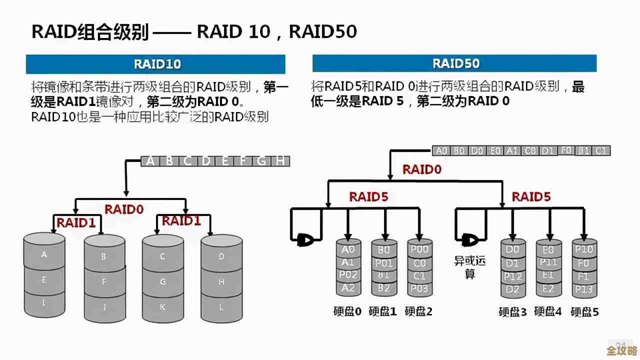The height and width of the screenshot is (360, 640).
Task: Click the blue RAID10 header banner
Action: pyautogui.click(x=156, y=64)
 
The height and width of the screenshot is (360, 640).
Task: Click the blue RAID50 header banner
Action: pyautogui.click(x=454, y=63)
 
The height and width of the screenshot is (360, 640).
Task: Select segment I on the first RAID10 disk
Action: pyautogui.click(x=44, y=302)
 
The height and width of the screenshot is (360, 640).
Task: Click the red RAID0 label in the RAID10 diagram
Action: pyautogui.click(x=124, y=209)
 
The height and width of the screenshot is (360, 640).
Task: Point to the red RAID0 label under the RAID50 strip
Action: pyautogui.click(x=422, y=169)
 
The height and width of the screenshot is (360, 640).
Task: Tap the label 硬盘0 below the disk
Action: pyautogui.click(x=347, y=311)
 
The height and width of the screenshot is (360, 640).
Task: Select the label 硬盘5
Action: pyautogui.click(x=584, y=312)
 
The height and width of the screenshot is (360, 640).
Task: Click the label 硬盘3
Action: pyautogui.click(x=512, y=312)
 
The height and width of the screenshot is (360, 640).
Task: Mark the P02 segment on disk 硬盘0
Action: pyautogui.click(x=348, y=275)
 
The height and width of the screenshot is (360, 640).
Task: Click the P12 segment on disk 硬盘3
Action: pyautogui.click(x=512, y=276)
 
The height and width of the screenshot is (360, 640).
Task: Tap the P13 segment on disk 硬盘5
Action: pyautogui.click(x=583, y=288)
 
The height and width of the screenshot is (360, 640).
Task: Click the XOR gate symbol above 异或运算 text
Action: pyautogui.click(x=469, y=241)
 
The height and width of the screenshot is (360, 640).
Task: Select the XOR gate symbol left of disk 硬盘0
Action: pyautogui.click(x=303, y=240)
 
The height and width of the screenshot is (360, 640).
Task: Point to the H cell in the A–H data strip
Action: pyautogui.click(x=280, y=161)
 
